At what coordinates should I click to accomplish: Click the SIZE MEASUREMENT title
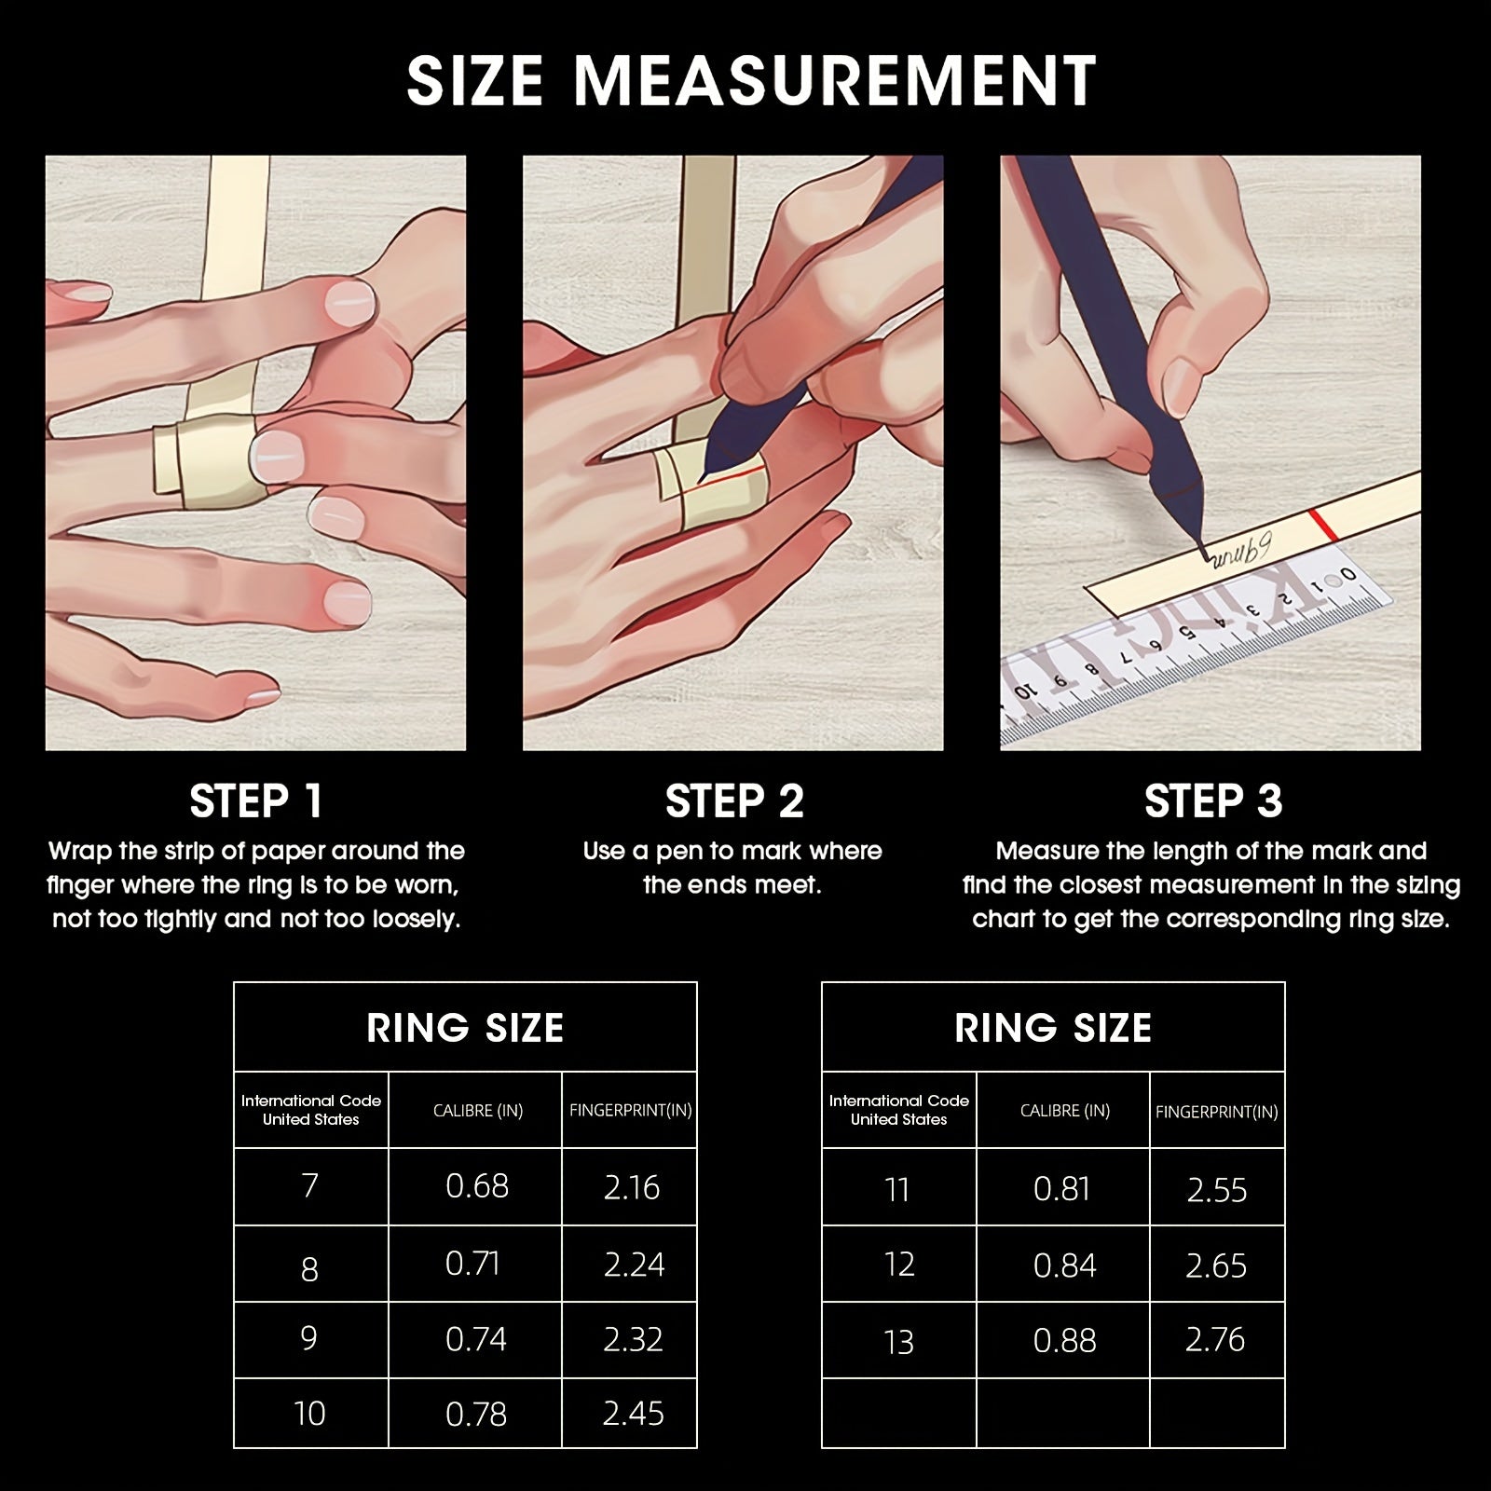click(751, 80)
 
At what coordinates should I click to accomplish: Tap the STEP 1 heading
click(255, 801)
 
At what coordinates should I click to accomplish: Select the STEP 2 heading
click(734, 801)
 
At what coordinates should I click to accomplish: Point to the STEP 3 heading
click(1213, 801)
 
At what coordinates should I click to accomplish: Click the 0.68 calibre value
click(477, 1186)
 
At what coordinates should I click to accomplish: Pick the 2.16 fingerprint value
click(632, 1187)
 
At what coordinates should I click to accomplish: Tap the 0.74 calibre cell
click(476, 1339)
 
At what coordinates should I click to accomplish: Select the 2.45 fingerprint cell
click(634, 1414)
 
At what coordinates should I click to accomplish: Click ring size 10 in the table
click(309, 1414)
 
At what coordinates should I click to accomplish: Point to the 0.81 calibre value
click(1061, 1189)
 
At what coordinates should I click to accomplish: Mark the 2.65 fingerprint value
click(1216, 1265)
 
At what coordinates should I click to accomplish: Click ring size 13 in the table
click(898, 1342)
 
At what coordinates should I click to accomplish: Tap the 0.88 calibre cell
click(1065, 1340)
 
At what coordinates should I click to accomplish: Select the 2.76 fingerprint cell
click(1215, 1340)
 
